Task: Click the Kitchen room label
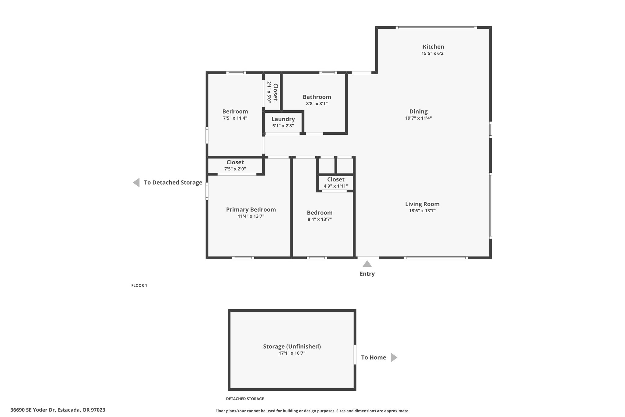tap(433, 47)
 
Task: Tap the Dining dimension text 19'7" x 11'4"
tap(418, 118)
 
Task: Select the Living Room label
tap(422, 204)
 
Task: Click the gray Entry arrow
tap(367, 264)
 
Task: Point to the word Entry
tap(367, 274)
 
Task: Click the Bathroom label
tap(317, 97)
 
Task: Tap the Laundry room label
tap(283, 119)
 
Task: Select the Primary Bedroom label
tap(251, 210)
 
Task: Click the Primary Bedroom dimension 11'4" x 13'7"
tap(251, 216)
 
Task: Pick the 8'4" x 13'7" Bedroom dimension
tap(320, 219)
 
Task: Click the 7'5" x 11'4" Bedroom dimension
tap(235, 118)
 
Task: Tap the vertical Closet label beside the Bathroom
tap(275, 92)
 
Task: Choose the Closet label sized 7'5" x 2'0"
tap(235, 162)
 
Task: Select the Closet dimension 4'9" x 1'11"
tap(336, 186)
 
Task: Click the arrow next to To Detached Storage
tap(136, 182)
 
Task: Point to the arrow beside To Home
tap(394, 357)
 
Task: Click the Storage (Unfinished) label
tap(292, 346)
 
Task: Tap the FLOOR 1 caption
tap(139, 286)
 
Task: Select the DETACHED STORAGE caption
tap(245, 399)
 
